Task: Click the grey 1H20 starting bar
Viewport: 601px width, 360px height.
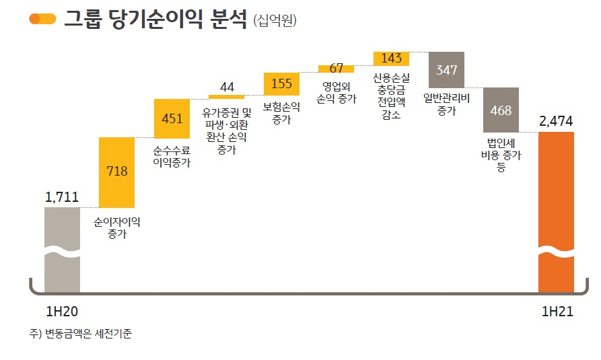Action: point(62,250)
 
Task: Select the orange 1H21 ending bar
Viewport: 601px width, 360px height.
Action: point(556,212)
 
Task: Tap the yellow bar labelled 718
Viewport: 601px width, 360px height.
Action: point(116,172)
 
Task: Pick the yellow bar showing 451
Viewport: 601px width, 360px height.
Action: point(172,118)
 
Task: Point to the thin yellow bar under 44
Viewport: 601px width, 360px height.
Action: point(227,97)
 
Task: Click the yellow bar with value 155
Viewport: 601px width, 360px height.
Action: point(281,83)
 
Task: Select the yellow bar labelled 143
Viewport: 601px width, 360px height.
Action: point(391,59)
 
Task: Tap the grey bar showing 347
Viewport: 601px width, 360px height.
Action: point(446,70)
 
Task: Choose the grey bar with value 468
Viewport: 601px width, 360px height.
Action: point(501,110)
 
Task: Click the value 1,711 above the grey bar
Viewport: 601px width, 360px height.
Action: point(62,197)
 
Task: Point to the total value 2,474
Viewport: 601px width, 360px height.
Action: point(556,121)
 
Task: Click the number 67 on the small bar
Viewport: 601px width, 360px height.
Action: point(336,68)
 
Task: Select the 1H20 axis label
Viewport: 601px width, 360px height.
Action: point(62,312)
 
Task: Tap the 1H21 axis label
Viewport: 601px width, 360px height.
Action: point(557,312)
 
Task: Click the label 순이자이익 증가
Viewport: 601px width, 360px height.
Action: point(117,227)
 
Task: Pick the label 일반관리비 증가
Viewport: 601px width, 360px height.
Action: point(446,104)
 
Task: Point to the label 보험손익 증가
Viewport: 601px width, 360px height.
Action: point(281,113)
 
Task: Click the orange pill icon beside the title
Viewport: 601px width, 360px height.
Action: point(42,18)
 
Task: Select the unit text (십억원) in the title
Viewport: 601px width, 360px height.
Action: point(275,20)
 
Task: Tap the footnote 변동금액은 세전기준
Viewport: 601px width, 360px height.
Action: point(89,334)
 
